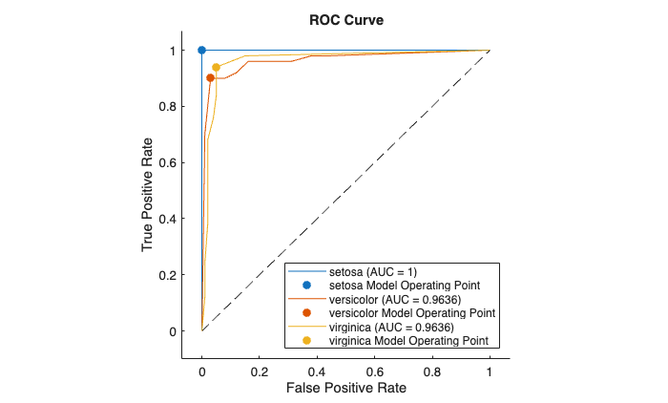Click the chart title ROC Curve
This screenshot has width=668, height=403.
(345, 19)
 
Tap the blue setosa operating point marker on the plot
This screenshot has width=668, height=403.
(201, 50)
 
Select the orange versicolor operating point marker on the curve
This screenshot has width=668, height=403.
(210, 78)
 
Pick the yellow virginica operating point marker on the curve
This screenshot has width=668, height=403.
(216, 68)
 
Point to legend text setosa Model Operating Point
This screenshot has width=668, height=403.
(404, 286)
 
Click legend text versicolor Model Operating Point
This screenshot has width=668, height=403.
(411, 313)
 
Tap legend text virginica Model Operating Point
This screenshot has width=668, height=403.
(408, 340)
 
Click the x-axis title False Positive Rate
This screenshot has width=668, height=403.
(345, 389)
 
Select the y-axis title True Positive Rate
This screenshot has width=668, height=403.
(148, 191)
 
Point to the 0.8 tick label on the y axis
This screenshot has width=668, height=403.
(173, 106)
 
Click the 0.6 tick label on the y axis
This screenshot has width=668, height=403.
(173, 162)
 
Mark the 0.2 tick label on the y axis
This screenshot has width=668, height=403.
(173, 275)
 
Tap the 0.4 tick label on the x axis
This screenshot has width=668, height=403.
(317, 369)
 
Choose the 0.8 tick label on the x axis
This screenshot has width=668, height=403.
(432, 369)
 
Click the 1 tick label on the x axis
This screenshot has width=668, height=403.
(490, 369)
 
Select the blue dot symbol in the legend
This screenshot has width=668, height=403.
(306, 286)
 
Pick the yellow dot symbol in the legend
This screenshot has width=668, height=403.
(306, 340)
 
